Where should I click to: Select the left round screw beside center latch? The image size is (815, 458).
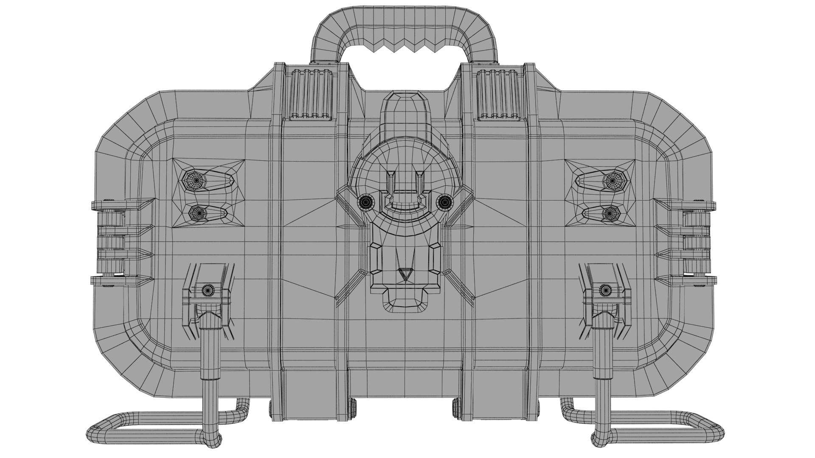[365, 203]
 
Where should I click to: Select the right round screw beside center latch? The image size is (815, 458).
[444, 203]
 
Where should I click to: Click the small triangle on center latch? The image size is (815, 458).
[405, 274]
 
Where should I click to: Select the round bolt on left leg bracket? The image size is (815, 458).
[208, 290]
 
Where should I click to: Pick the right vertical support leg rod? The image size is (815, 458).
[601, 373]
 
